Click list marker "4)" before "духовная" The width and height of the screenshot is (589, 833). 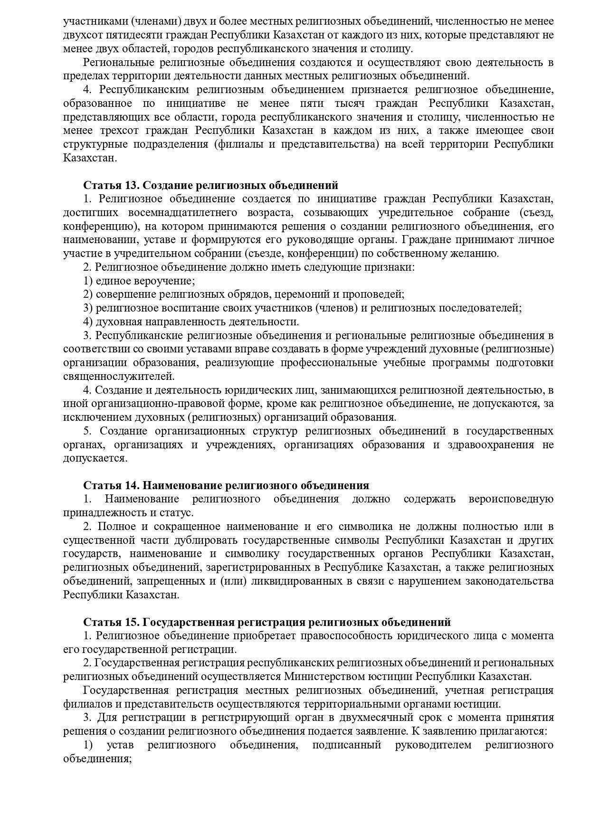[88, 322]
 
